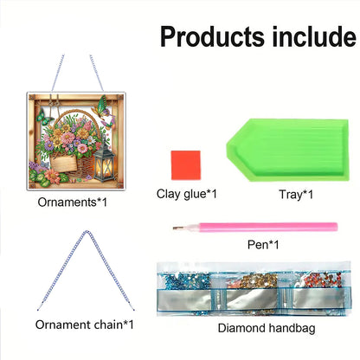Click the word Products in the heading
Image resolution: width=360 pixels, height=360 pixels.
[x=211, y=37]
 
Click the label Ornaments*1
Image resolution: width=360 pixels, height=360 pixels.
[x=73, y=202]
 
